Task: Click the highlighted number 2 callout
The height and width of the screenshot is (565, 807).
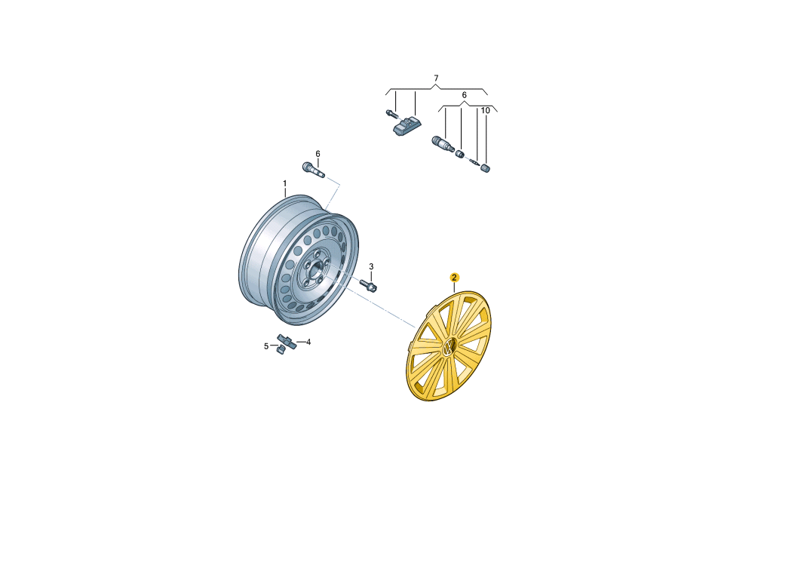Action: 454,278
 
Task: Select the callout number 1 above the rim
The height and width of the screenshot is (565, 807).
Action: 284,184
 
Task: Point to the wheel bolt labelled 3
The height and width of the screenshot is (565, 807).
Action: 367,284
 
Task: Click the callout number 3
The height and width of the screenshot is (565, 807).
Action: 371,266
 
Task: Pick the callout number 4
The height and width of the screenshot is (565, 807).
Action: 308,342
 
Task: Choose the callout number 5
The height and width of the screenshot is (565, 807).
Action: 266,346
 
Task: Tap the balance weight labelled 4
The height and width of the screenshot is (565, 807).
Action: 287,340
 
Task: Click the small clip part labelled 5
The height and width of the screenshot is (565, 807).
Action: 281,350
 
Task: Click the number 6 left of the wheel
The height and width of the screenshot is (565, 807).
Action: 318,154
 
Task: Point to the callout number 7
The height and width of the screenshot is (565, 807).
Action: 436,78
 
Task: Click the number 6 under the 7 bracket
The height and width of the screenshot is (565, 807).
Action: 465,95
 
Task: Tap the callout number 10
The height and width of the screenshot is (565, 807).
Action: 486,111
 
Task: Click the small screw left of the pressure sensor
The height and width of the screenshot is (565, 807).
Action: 391,113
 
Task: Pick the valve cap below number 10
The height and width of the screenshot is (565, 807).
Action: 485,167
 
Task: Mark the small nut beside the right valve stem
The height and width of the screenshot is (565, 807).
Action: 461,153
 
